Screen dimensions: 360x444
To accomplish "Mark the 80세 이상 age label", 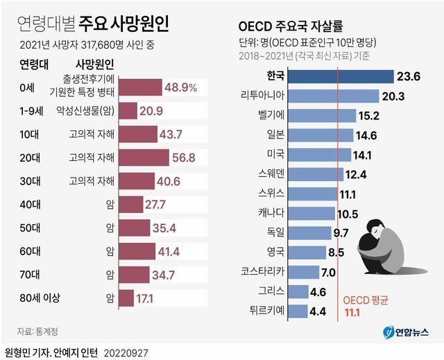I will click(x=42, y=298).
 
